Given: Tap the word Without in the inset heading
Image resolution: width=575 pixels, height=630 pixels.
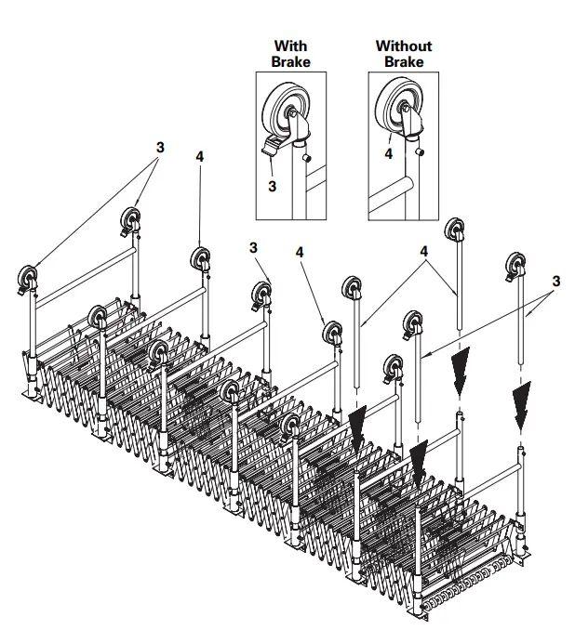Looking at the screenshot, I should point(403,46).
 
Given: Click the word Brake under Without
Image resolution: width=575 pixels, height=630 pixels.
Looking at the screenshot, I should point(403,61).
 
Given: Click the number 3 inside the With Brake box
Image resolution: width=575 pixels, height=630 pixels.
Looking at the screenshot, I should point(273,186).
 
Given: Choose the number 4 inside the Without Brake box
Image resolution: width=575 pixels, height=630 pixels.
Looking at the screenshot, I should point(388,154).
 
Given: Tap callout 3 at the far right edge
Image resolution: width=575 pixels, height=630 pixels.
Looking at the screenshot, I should point(555,280).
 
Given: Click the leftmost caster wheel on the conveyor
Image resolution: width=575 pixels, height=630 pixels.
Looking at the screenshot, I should point(28,279).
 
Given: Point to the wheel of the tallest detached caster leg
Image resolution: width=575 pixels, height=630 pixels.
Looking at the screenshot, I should point(455,230).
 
